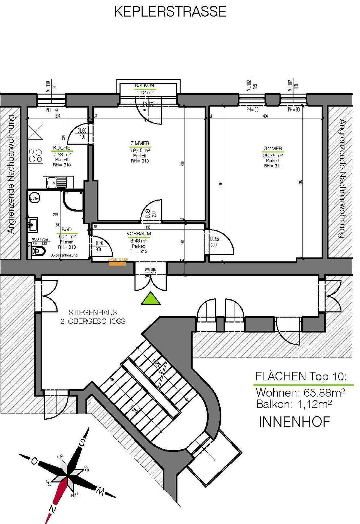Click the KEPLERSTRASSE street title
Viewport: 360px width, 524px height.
click(x=170, y=12)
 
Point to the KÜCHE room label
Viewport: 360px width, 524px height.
click(x=62, y=148)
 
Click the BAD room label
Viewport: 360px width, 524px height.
click(x=67, y=229)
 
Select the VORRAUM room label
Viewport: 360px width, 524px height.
click(x=139, y=234)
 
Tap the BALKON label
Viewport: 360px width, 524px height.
click(x=144, y=85)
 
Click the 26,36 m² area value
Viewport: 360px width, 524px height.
click(x=272, y=155)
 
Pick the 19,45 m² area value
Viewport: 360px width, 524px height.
click(x=140, y=150)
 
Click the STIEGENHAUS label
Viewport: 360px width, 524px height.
click(x=93, y=312)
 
